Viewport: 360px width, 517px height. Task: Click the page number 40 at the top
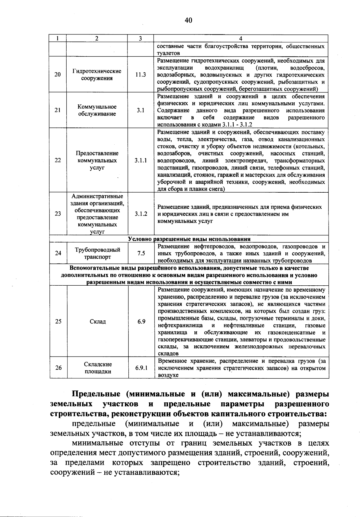click(188, 20)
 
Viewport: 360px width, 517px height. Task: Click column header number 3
click(140, 38)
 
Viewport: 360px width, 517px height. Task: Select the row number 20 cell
click(58, 75)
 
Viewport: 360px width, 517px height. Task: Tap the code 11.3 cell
click(140, 75)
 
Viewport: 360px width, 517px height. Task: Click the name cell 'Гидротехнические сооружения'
click(97, 75)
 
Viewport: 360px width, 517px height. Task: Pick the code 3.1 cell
click(140, 110)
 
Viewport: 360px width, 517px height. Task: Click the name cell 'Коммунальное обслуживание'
click(97, 110)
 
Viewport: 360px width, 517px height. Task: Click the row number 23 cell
click(58, 214)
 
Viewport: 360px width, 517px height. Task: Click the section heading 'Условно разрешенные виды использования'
click(189, 239)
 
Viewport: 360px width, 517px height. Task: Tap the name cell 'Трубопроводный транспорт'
click(97, 254)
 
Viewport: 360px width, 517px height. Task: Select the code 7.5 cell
click(141, 254)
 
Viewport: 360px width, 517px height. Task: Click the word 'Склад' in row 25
click(98, 322)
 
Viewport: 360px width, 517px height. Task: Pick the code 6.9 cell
click(141, 322)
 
